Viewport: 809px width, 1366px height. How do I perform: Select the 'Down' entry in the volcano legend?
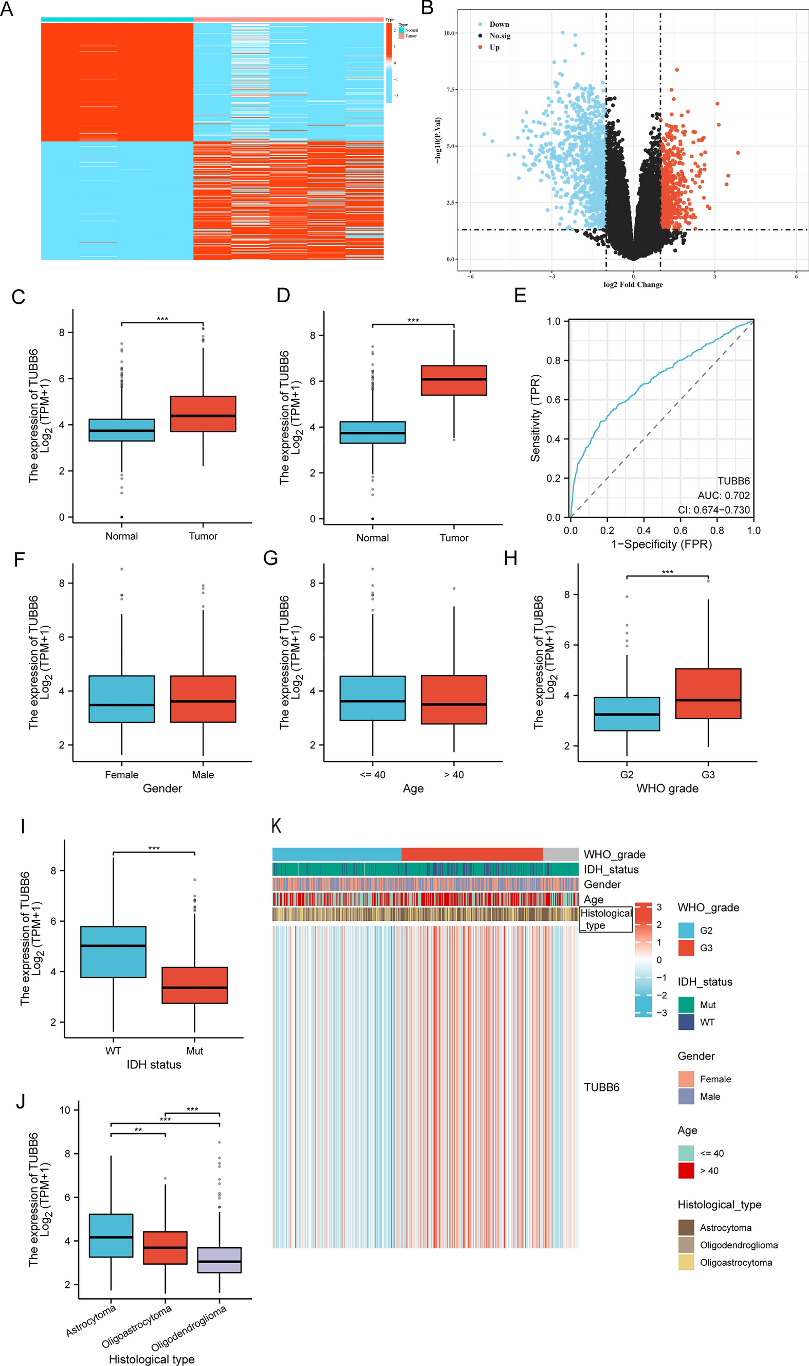point(499,25)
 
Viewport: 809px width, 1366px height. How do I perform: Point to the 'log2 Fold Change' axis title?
point(633,284)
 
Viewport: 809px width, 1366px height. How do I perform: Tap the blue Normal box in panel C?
point(122,430)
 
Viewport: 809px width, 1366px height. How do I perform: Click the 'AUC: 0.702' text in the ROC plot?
point(723,495)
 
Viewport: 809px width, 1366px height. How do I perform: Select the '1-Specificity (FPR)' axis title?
point(661,544)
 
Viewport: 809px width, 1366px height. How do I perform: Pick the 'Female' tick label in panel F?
point(122,775)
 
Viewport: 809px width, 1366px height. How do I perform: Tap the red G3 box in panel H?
point(708,693)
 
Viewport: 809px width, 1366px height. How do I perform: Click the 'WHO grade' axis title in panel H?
point(667,789)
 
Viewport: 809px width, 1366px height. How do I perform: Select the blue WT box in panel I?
point(114,952)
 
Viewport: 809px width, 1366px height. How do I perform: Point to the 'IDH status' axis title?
point(154,1064)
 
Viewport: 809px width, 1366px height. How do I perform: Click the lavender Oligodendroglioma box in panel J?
point(219,1260)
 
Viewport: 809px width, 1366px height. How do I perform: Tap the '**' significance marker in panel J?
point(138,1130)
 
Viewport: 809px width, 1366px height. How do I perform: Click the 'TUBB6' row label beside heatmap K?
point(601,1087)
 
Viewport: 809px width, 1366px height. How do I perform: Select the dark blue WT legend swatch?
point(686,1022)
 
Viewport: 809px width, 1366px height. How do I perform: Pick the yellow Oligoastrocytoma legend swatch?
point(686,1262)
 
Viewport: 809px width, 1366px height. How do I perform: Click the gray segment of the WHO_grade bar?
point(560,854)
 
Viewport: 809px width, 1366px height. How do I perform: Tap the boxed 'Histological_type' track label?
point(605,919)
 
